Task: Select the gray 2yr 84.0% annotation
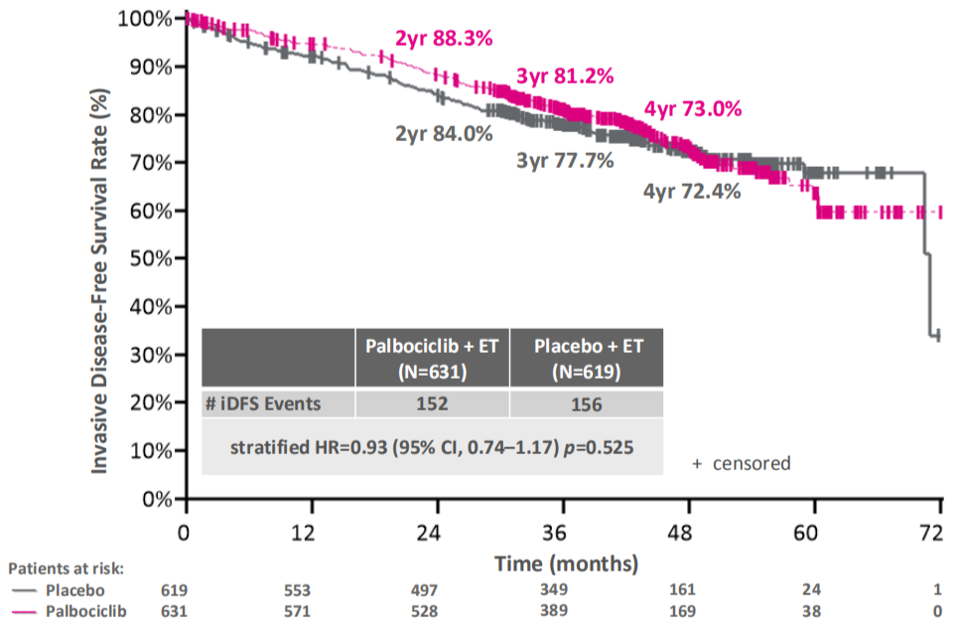[444, 134]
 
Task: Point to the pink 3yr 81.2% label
[564, 76]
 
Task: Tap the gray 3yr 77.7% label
[564, 160]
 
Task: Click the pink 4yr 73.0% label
[693, 109]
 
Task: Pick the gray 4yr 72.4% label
[692, 192]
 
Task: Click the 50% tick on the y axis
[154, 258]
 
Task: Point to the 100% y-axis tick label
[149, 19]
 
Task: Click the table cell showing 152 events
[432, 403]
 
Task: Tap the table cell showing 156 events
[588, 403]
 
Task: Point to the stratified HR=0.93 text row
[432, 446]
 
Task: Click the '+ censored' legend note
[741, 463]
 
